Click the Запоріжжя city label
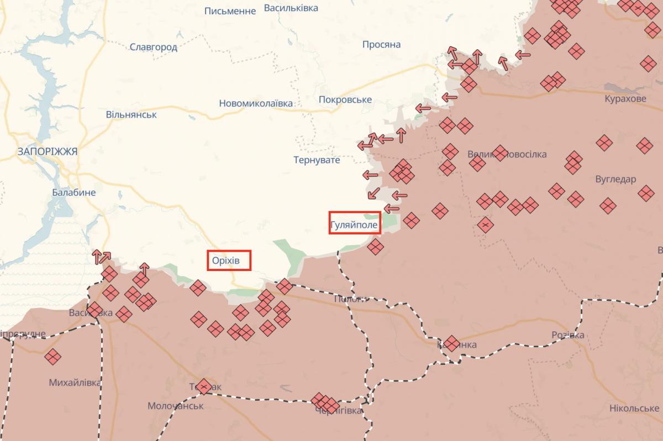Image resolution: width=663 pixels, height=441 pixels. [x=48, y=151]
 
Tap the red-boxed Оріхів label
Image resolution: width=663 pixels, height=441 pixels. [x=229, y=261]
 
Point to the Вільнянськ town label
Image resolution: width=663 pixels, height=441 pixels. [x=131, y=115]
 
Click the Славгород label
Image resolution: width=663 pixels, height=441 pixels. [x=154, y=47]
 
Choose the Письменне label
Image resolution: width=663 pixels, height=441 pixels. [x=230, y=11]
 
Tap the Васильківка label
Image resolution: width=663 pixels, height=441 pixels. [x=291, y=8]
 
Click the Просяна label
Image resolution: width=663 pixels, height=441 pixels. [x=381, y=45]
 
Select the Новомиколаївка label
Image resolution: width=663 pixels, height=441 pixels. [x=256, y=103]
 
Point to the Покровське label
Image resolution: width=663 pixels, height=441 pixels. [x=345, y=100]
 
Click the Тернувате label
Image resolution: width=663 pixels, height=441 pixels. [x=317, y=160]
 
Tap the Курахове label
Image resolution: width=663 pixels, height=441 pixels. [x=625, y=99]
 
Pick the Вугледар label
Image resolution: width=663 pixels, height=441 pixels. [x=616, y=179]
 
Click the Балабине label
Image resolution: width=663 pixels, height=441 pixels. [x=74, y=193]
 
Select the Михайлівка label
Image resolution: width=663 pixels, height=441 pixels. [x=75, y=382]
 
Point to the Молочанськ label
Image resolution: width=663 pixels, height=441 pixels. [x=176, y=406]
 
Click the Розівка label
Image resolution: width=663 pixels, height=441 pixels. [x=568, y=336]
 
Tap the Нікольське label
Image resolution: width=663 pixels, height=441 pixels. [x=634, y=408]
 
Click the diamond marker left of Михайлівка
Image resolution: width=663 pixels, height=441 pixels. [x=53, y=357]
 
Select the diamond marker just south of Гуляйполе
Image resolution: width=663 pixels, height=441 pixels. [x=375, y=247]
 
